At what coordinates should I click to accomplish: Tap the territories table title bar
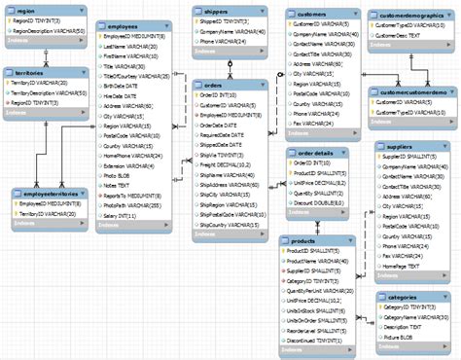(x=29, y=73)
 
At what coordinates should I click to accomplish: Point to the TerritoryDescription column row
(x=53, y=92)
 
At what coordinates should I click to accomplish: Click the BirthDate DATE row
(x=127, y=84)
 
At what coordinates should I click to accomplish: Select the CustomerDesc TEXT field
(x=403, y=35)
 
